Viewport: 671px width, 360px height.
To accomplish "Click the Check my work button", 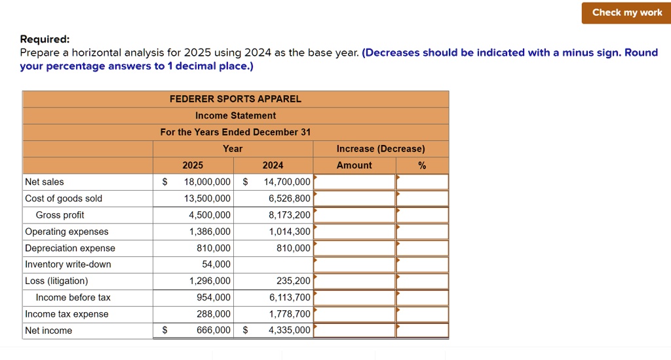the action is (x=626, y=12).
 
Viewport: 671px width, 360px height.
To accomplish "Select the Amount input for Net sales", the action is (x=355, y=182).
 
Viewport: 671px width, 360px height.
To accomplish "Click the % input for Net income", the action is (x=423, y=330).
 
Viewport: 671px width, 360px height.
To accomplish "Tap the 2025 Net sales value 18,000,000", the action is (x=207, y=182).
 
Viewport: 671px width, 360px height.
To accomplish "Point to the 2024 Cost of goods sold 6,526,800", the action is (x=290, y=199).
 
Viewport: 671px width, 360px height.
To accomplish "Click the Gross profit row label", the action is (x=60, y=215).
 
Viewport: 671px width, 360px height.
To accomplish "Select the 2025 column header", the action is (x=193, y=165).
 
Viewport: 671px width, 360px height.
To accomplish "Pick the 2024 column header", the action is (x=273, y=165).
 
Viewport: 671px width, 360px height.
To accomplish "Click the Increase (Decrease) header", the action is (x=380, y=149).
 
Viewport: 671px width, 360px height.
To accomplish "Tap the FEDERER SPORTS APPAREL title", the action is (x=235, y=99).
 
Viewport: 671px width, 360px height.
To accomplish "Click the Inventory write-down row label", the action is (x=68, y=264).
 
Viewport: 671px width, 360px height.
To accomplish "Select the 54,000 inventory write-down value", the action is (x=216, y=264).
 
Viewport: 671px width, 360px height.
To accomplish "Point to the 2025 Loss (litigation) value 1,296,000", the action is (x=210, y=281).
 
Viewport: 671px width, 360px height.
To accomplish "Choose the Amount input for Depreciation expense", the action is (x=355, y=248).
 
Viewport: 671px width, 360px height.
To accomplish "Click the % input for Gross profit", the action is (x=423, y=215).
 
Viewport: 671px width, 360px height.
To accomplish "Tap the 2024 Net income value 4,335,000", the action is (x=290, y=330).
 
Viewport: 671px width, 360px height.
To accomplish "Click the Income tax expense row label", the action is (x=67, y=314).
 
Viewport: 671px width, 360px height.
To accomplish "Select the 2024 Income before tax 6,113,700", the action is (x=290, y=298).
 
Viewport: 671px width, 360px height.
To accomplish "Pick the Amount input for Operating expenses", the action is (x=355, y=231).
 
